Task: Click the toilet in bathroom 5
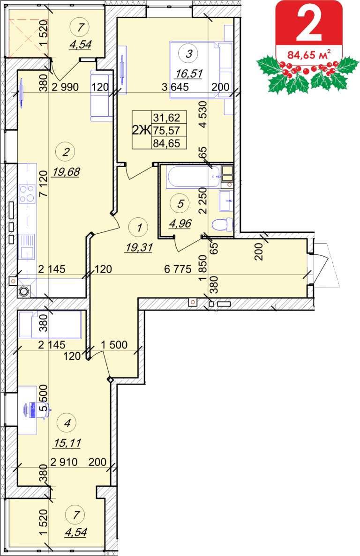point(222,224)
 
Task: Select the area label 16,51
point(189,74)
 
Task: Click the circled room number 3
point(189,54)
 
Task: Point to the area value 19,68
point(66,172)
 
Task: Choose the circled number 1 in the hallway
point(139,227)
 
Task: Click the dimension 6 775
point(178,269)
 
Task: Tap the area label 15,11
point(67,443)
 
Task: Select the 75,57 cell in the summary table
point(167,131)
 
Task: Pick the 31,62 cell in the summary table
point(167,118)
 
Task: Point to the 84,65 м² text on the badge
point(309,55)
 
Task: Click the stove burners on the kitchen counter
point(27,193)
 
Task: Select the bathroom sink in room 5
point(226,201)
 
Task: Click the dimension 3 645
point(175,87)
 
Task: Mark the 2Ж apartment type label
point(142,130)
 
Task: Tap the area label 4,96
point(180,224)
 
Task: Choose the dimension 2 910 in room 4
point(64,462)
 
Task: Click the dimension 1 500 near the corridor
point(114,345)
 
